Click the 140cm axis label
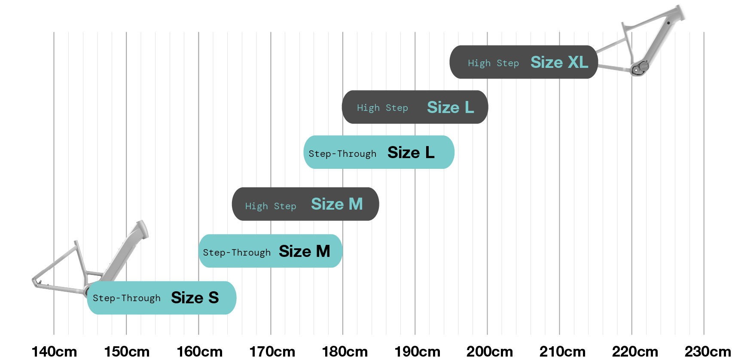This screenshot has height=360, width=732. (x=54, y=351)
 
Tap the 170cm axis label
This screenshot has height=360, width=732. (x=272, y=351)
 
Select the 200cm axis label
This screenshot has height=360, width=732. (x=490, y=351)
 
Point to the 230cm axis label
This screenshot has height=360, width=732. (x=708, y=351)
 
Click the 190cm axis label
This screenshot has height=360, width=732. (x=417, y=351)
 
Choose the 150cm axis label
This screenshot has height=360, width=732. (x=127, y=351)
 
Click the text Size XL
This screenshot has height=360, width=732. (x=559, y=62)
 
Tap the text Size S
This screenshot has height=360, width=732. (x=195, y=298)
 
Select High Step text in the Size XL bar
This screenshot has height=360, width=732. (x=493, y=63)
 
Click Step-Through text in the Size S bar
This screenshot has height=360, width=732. (x=126, y=298)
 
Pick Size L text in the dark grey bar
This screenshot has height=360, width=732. (x=450, y=107)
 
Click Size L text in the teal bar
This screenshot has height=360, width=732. (x=411, y=153)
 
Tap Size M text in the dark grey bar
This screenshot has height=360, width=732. (x=337, y=204)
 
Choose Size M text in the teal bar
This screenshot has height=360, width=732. (x=304, y=251)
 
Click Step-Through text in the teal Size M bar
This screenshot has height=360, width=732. (x=237, y=253)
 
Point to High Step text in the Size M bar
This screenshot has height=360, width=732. (x=271, y=206)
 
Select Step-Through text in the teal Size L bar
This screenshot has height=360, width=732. (x=342, y=154)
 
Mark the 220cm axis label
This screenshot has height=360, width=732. (x=635, y=351)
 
